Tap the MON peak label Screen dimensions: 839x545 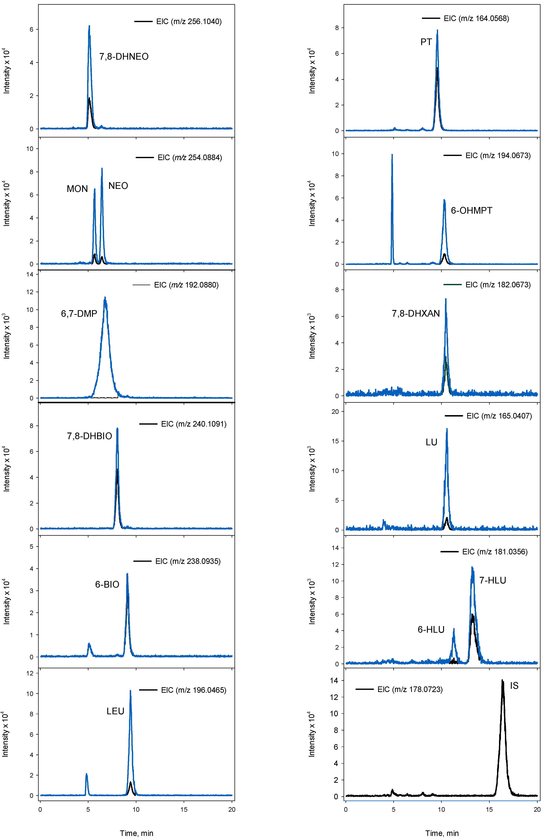tap(77, 189)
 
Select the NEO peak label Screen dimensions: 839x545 tap(118, 186)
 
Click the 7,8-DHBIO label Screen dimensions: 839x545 tap(89, 436)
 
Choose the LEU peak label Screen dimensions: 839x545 tap(115, 711)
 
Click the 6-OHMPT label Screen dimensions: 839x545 tap(471, 210)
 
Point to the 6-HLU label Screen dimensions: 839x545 tap(431, 630)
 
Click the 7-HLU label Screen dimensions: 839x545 tap(493, 580)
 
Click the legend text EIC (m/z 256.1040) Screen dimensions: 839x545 tap(189, 22)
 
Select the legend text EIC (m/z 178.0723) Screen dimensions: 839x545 tap(410, 689)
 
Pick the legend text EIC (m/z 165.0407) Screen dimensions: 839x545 tap(499, 416)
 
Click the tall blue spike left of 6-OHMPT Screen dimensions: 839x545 tap(392, 155)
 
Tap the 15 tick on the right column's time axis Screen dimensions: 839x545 tap(489, 809)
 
